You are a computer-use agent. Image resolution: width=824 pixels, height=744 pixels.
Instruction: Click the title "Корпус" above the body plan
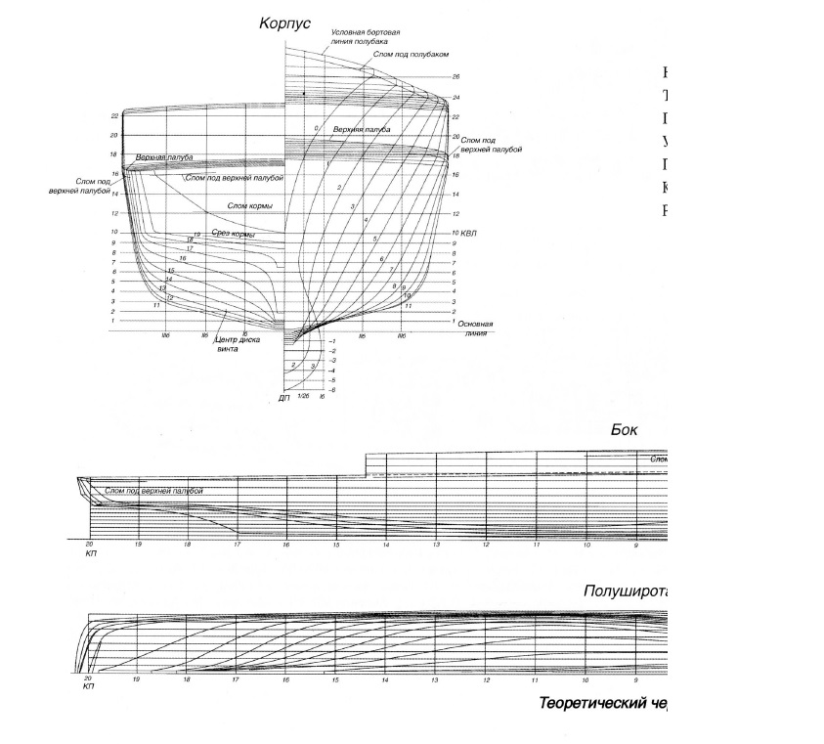pyautogui.click(x=283, y=22)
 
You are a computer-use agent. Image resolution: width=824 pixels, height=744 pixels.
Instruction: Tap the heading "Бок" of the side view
pyautogui.click(x=624, y=429)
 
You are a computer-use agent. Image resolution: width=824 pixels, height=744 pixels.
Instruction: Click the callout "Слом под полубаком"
pyautogui.click(x=403, y=55)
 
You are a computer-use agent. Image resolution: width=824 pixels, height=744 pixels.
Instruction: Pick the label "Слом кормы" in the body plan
pyautogui.click(x=249, y=205)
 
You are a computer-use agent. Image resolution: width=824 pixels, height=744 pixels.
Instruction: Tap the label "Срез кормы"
pyautogui.click(x=234, y=234)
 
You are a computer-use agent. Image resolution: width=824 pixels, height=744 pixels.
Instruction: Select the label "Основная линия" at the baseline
pyautogui.click(x=475, y=328)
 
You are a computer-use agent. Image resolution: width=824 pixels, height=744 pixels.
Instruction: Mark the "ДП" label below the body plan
pyautogui.click(x=283, y=399)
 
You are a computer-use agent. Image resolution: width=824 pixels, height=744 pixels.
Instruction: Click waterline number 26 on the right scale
pyautogui.click(x=455, y=76)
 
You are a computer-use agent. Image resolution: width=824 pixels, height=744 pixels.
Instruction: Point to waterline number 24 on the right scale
pyautogui.click(x=455, y=98)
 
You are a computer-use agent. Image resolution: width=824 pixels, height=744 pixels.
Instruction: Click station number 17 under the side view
pyautogui.click(x=236, y=544)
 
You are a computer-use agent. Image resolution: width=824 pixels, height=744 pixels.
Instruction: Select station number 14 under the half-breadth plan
pyautogui.click(x=385, y=678)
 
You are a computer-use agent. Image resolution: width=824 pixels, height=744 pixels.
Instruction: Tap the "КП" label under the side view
pyautogui.click(x=89, y=552)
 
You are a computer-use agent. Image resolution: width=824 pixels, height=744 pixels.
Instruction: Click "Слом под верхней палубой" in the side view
pyautogui.click(x=153, y=490)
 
